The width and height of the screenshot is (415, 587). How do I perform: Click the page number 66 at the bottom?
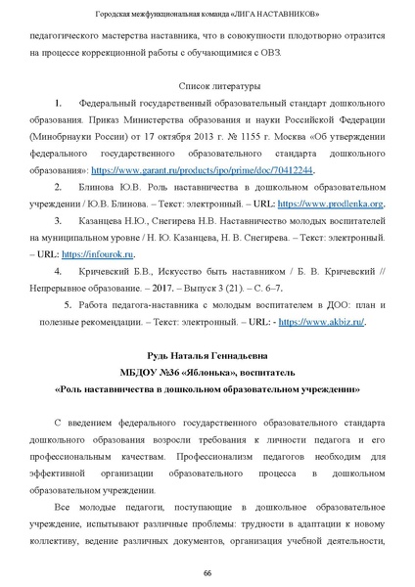tap(207, 572)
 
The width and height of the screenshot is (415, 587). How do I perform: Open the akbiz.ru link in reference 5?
tap(336, 320)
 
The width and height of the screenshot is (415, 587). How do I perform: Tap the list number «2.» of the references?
tap(62, 187)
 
